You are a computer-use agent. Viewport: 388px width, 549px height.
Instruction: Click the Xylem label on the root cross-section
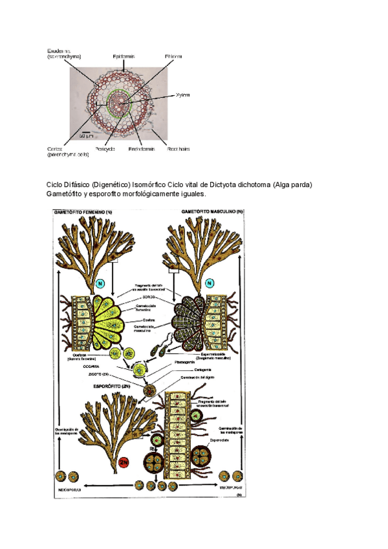(182, 95)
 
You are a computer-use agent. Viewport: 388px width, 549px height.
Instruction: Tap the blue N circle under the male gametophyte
(209, 284)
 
